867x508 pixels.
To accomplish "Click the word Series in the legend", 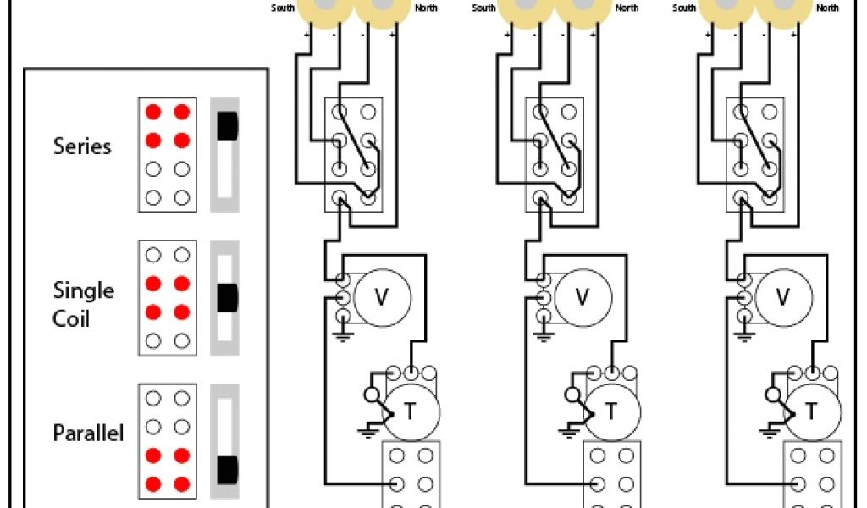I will [x=82, y=146].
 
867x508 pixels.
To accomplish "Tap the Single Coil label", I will [x=83, y=305].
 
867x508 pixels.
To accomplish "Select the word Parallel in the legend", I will [x=88, y=433].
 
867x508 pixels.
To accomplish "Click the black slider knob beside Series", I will [x=226, y=125].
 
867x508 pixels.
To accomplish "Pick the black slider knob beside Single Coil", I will [x=226, y=297].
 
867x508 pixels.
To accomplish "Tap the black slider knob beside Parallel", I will [x=226, y=468].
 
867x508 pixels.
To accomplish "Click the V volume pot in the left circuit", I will [x=382, y=296].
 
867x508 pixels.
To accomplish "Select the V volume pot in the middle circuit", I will [x=583, y=296].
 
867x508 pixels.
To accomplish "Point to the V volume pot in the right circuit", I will [x=783, y=296].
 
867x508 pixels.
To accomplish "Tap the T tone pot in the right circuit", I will [x=811, y=411].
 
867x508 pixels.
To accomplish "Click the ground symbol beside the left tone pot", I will [x=368, y=433].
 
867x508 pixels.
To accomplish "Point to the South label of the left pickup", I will [x=283, y=8].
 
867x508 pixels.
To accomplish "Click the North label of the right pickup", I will [x=827, y=8].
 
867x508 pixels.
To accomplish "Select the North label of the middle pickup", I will [x=627, y=8].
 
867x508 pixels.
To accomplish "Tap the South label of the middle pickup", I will [x=483, y=8].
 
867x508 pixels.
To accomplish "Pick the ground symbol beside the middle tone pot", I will [x=569, y=433].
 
